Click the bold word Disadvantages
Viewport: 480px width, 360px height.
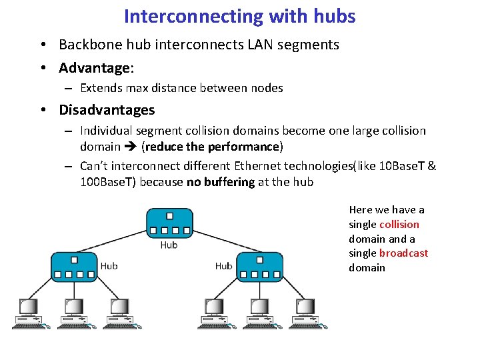point(107,110)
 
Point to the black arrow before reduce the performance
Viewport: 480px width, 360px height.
point(131,147)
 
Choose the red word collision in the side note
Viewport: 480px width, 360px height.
point(399,224)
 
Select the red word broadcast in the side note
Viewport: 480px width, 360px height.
point(404,253)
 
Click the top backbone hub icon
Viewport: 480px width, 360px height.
point(170,224)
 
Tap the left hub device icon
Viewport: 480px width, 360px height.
point(73,267)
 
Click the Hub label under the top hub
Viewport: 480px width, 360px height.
point(169,245)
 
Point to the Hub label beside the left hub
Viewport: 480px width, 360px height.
point(109,266)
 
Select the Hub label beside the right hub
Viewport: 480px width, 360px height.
point(223,266)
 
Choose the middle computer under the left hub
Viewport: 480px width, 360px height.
point(73,312)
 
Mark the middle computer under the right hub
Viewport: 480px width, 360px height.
point(261,312)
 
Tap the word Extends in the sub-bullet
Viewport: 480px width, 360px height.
point(100,88)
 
